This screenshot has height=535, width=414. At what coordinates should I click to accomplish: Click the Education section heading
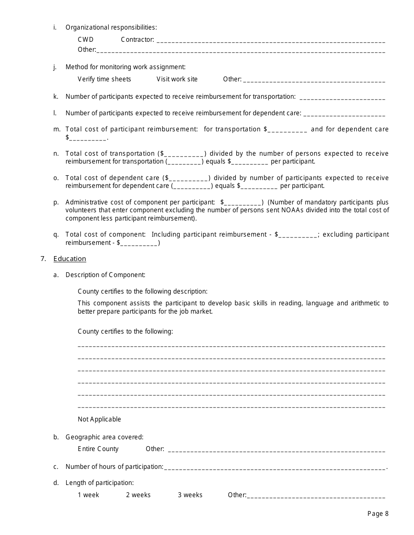pos(70,259)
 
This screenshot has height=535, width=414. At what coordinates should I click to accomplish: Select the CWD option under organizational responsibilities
pos(85,40)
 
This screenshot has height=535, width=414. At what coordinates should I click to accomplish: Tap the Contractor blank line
pos(270,41)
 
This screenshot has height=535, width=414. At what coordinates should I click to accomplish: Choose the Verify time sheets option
pos(104,79)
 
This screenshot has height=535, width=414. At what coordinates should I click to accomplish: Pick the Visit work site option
pos(177,79)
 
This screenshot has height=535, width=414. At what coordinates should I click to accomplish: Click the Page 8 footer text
pos(378,514)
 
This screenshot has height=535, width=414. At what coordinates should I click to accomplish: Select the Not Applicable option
pos(99,419)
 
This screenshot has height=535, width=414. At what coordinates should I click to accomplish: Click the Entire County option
pos(98,449)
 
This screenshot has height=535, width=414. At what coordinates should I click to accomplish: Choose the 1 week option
pos(88,495)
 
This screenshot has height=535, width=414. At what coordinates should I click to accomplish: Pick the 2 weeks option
pos(138,495)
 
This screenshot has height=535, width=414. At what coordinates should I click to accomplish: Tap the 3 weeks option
pos(190,495)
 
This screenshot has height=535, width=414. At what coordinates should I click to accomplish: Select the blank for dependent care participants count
pos(344,114)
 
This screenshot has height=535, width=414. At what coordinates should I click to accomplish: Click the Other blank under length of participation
pos(316,496)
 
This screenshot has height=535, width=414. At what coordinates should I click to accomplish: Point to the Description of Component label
pos(105,275)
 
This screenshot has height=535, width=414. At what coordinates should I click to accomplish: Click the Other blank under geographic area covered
pos(276,450)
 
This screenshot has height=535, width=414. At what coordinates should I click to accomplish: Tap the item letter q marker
pos(56,234)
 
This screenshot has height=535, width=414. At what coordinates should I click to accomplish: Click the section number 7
pos(43,259)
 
